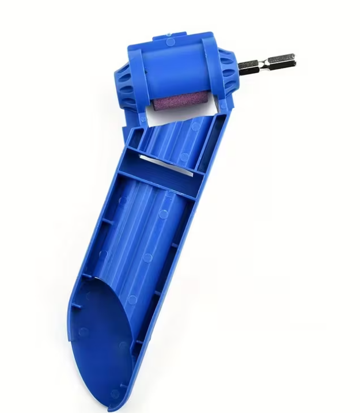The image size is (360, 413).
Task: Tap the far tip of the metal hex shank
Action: pyautogui.click(x=293, y=58)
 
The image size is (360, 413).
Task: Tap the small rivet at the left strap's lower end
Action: pyautogui.click(x=143, y=118)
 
